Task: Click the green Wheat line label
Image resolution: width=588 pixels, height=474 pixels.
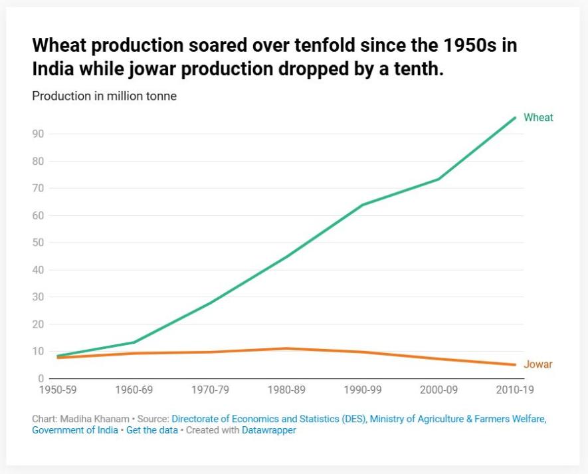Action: (538, 118)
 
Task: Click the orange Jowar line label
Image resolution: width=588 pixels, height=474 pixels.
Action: (538, 364)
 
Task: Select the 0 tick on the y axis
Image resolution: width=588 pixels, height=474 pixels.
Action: (41, 379)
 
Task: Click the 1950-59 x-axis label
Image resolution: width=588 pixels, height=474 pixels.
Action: (58, 390)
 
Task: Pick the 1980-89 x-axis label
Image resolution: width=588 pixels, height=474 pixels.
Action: (286, 390)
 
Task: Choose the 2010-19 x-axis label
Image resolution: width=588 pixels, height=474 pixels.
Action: (514, 390)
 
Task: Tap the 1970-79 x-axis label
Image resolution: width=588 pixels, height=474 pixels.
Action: (211, 390)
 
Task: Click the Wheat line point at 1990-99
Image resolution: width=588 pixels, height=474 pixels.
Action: (362, 205)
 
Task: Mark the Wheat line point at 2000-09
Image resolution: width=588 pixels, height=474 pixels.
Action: (439, 179)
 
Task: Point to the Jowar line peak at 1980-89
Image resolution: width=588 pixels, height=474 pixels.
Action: (286, 348)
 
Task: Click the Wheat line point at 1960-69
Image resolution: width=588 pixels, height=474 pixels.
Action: (135, 342)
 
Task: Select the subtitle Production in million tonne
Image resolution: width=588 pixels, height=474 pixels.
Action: (104, 96)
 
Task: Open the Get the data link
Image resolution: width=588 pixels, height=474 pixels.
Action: (152, 430)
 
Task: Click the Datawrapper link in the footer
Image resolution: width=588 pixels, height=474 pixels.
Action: (268, 430)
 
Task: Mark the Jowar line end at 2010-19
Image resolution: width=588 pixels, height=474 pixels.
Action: (514, 364)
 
